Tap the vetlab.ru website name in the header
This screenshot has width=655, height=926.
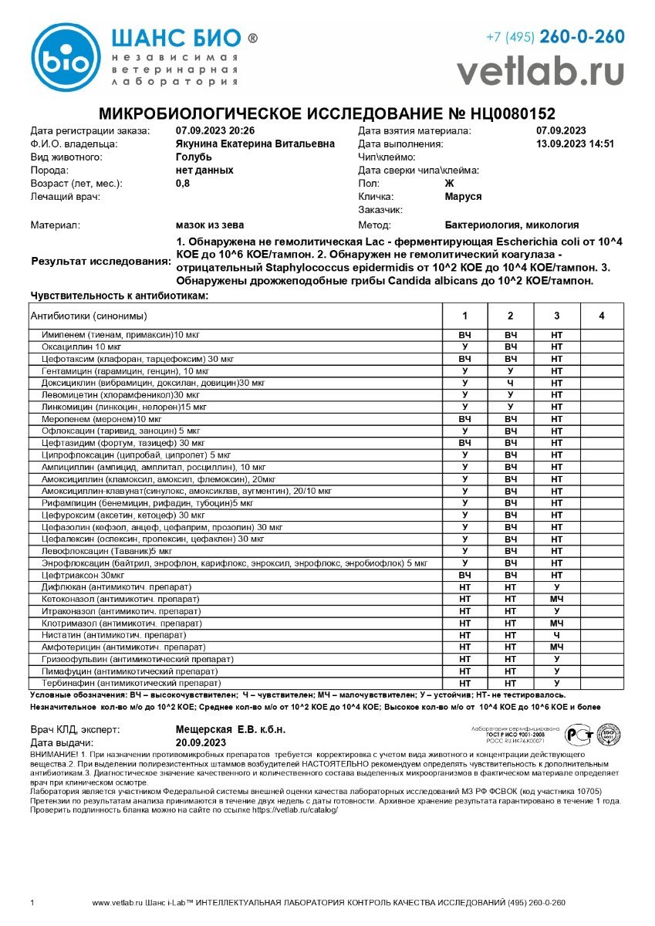point(540,71)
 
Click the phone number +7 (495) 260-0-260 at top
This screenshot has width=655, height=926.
point(555,36)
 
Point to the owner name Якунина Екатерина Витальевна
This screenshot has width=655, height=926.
point(255,144)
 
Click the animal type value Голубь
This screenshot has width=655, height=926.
point(195,157)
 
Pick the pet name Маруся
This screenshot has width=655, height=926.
point(463,197)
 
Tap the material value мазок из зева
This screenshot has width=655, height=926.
point(210,225)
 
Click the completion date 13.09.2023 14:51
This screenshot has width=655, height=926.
point(575,144)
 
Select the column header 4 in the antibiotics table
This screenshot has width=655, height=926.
point(602,316)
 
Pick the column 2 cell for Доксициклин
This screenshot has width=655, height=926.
point(511,382)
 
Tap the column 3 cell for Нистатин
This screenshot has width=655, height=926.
point(556,634)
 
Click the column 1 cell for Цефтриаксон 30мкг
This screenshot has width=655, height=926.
point(465,574)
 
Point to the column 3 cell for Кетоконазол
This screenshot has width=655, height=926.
point(556,599)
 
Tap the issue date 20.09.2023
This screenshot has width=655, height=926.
point(201,742)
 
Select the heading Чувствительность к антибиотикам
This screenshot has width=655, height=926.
point(120,295)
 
